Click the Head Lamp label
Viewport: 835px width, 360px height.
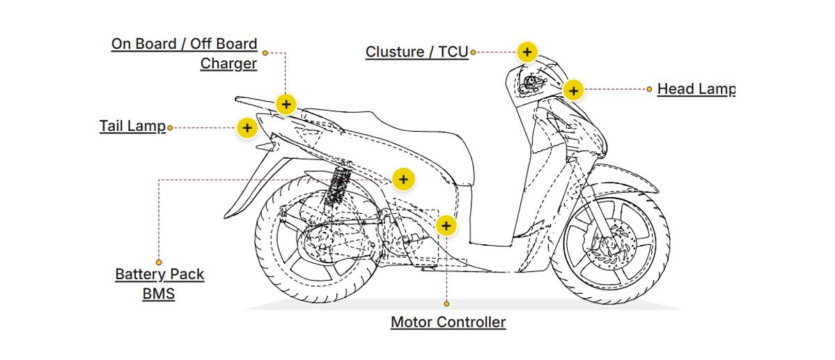click(x=695, y=89)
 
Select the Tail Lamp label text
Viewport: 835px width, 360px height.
click(x=132, y=127)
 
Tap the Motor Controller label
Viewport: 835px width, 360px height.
click(x=448, y=322)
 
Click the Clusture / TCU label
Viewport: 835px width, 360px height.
click(x=416, y=52)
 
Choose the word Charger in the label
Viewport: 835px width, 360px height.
click(x=228, y=64)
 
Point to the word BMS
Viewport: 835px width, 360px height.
click(x=158, y=294)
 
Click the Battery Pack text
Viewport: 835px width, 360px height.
click(x=159, y=274)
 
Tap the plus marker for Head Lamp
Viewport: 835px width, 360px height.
click(x=572, y=90)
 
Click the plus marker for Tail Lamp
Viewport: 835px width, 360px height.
click(x=247, y=128)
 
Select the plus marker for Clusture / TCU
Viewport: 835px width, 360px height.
click(x=527, y=52)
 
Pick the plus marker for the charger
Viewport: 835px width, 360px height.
click(x=286, y=104)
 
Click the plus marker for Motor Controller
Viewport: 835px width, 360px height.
click(x=446, y=226)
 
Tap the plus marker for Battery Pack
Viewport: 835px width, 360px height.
click(x=403, y=179)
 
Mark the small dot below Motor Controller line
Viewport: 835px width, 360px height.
click(x=446, y=304)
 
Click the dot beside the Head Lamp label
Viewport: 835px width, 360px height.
click(x=650, y=89)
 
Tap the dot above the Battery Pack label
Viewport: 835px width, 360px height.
click(x=159, y=263)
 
